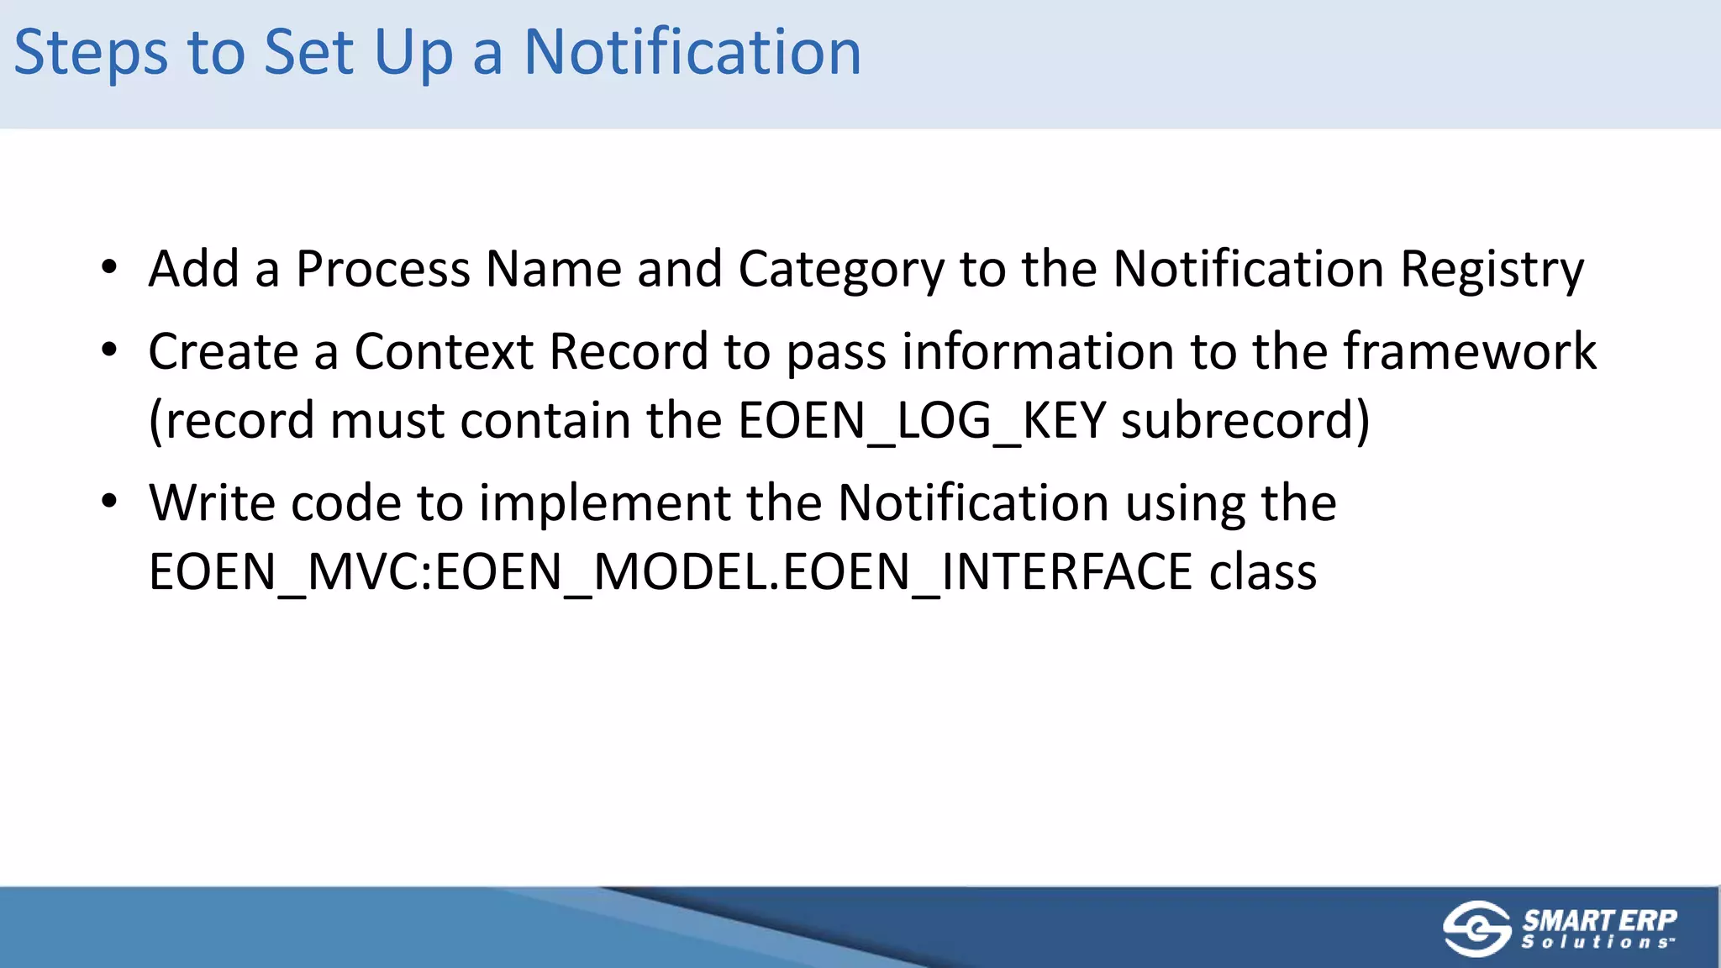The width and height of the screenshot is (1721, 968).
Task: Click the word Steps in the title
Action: point(91,53)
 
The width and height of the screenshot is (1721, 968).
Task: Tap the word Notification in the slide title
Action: point(692,53)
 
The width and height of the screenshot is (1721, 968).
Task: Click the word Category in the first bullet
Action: point(841,271)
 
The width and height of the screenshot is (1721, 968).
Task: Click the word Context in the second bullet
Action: point(444,351)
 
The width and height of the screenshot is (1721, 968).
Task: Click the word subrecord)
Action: point(1245,421)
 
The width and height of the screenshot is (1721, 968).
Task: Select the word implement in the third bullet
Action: point(605,504)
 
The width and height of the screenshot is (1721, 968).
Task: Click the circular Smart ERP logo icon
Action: point(1476,929)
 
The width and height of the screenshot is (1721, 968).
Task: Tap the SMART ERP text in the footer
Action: point(1599,920)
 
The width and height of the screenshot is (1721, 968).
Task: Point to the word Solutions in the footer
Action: point(1597,943)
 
